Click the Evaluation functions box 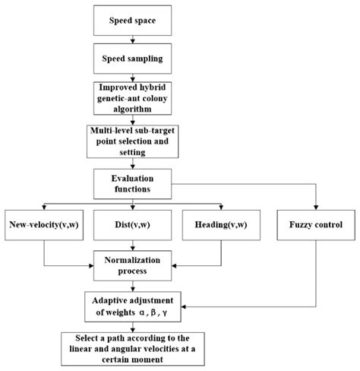point(134,182)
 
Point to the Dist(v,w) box point(134,225)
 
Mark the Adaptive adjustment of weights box point(134,306)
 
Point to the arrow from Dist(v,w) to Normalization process point(134,244)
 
